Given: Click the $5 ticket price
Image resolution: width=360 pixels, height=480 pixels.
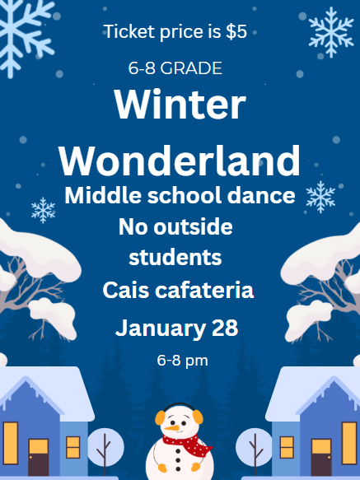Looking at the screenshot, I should (x=236, y=32).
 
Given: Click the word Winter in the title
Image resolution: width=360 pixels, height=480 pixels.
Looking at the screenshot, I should (x=180, y=105).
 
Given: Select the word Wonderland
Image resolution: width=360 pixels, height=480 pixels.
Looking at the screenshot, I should (x=180, y=158).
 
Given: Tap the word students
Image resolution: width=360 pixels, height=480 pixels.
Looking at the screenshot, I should (x=175, y=256).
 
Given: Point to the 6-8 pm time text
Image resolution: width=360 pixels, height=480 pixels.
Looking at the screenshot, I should (x=181, y=360).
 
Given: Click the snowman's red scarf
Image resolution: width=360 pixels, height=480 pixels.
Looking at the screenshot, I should (x=185, y=445).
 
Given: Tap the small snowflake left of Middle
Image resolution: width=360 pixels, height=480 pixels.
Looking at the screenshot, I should (x=43, y=209).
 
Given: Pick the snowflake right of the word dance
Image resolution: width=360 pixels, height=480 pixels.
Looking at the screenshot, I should (x=320, y=196).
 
